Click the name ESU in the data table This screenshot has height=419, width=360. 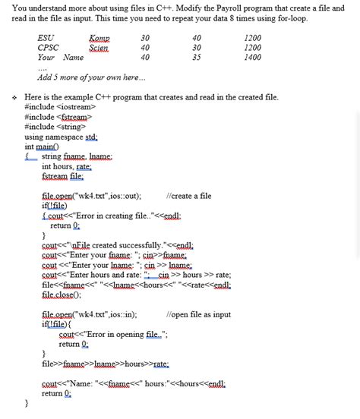pyautogui.click(x=46, y=37)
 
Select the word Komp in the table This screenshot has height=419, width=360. pyautogui.click(x=99, y=37)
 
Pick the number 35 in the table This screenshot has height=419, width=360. pyautogui.click(x=197, y=57)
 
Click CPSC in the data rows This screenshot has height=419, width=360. pyautogui.click(x=48, y=47)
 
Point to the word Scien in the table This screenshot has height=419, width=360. pyautogui.click(x=99, y=47)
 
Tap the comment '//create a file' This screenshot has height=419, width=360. pyautogui.click(x=188, y=196)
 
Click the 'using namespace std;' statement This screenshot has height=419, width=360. pyautogui.click(x=61, y=137)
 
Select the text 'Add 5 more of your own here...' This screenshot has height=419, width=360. pyautogui.click(x=87, y=77)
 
